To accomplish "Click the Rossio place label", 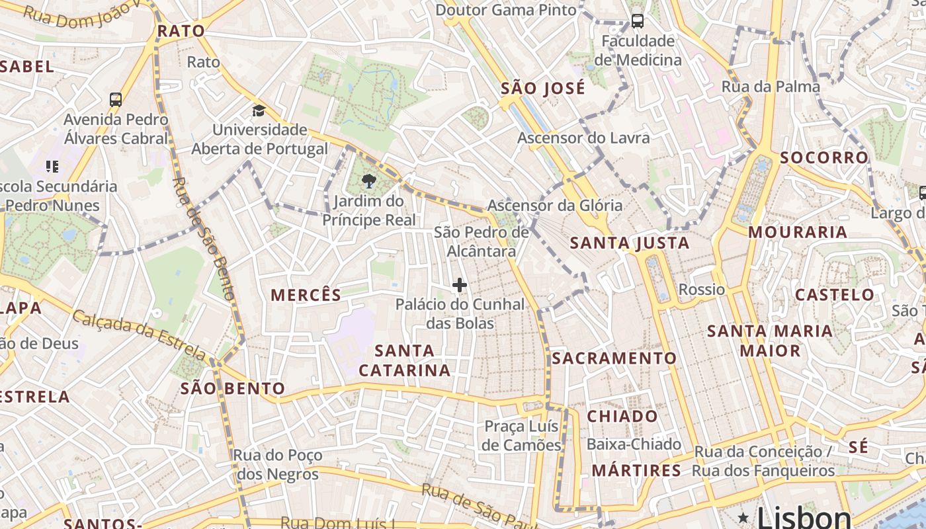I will click(x=702, y=290).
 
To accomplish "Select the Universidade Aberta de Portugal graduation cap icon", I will click(x=258, y=110).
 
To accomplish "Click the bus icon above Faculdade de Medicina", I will click(x=638, y=21).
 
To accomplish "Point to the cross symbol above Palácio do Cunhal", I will click(x=460, y=286).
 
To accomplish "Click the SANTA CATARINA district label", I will click(x=405, y=360).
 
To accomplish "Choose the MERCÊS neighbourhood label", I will click(x=306, y=295).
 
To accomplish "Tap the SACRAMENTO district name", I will click(x=614, y=358).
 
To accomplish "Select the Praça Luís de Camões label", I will click(x=521, y=436).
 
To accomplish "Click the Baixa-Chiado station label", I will click(x=634, y=444).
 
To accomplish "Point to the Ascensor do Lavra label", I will click(x=583, y=138).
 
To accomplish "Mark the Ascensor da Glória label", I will click(x=555, y=205).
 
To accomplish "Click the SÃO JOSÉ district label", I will click(x=543, y=89).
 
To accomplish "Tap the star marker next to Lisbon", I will click(x=743, y=517).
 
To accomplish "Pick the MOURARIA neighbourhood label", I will click(x=798, y=232).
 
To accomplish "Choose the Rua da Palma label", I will click(x=770, y=87).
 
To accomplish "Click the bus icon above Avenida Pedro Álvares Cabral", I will click(x=116, y=100).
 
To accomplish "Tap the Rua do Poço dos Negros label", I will click(x=278, y=465).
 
